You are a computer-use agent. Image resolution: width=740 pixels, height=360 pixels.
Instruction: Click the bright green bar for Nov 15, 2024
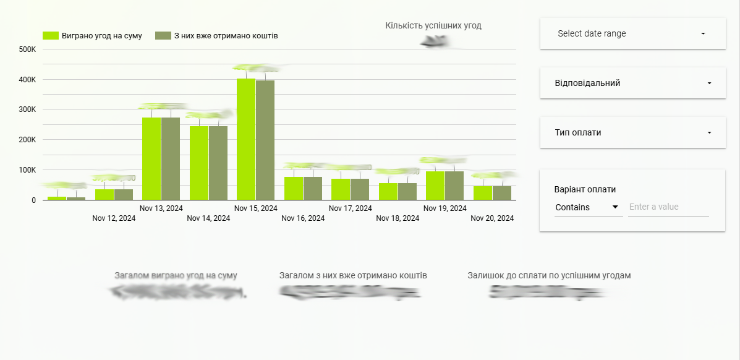[246, 139]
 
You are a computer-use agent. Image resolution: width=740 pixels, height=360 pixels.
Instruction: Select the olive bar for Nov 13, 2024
[171, 158]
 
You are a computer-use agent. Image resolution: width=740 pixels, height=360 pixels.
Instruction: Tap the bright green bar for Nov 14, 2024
[199, 163]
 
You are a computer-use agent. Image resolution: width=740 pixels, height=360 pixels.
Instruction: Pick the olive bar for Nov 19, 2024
[454, 186]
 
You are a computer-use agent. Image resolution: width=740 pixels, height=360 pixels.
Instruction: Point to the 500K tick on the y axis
[27, 49]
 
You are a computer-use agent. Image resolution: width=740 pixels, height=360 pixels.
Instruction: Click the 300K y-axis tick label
[27, 109]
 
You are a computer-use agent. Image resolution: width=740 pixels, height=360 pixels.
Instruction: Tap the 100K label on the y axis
[27, 170]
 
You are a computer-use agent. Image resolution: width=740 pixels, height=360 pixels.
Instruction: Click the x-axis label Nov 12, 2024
[114, 218]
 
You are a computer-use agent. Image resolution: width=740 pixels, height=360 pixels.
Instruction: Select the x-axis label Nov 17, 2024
[351, 208]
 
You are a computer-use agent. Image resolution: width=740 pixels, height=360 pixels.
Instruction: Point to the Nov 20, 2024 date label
[492, 218]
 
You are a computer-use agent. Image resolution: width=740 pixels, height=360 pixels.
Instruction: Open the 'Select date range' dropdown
[632, 33]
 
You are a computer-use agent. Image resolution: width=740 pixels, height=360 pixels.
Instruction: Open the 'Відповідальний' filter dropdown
[632, 83]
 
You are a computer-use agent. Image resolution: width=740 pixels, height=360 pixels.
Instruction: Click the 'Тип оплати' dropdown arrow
[709, 132]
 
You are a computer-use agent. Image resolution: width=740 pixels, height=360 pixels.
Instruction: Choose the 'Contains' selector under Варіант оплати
[588, 207]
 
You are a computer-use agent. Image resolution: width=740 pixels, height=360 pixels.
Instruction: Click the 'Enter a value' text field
[668, 207]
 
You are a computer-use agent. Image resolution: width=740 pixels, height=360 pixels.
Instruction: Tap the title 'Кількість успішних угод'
[433, 26]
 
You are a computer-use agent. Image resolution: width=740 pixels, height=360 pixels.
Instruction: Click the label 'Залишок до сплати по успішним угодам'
[549, 276]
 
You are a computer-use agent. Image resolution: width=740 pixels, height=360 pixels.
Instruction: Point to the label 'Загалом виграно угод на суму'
[176, 276]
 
